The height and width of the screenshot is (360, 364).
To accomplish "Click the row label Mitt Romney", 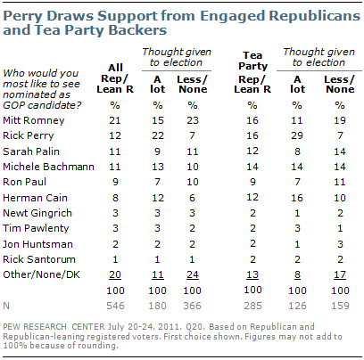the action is coord(34,120).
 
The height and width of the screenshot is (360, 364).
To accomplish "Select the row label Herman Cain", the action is coord(35,198).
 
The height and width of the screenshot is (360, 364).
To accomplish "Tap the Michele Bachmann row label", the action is coord(48,167).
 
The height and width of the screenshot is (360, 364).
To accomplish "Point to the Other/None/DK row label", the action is coord(41,274).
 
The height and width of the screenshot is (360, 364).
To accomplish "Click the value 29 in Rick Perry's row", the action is coord(297,135).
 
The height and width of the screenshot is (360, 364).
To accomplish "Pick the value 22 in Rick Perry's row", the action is coord(158,135).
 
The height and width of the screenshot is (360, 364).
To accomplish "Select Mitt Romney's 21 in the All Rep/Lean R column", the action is coord(115,120).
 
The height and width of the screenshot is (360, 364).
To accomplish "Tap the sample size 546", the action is coord(115,306).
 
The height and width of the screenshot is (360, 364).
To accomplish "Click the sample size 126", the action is coord(297,306).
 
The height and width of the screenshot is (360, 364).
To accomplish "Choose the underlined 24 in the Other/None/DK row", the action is coord(193,274).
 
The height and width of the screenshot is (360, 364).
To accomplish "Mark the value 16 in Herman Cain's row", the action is coord(297,198).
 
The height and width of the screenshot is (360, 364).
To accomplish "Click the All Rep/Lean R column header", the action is coord(115,78).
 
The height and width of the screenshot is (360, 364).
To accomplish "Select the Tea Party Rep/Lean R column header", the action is coord(252,72).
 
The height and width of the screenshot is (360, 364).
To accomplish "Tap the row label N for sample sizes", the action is coord(6,306).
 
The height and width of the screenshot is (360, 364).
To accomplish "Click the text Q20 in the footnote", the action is coord(195,327).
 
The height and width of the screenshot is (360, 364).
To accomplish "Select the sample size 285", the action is coord(252,306).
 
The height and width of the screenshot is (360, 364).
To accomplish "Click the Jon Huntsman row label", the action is coord(37,244).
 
